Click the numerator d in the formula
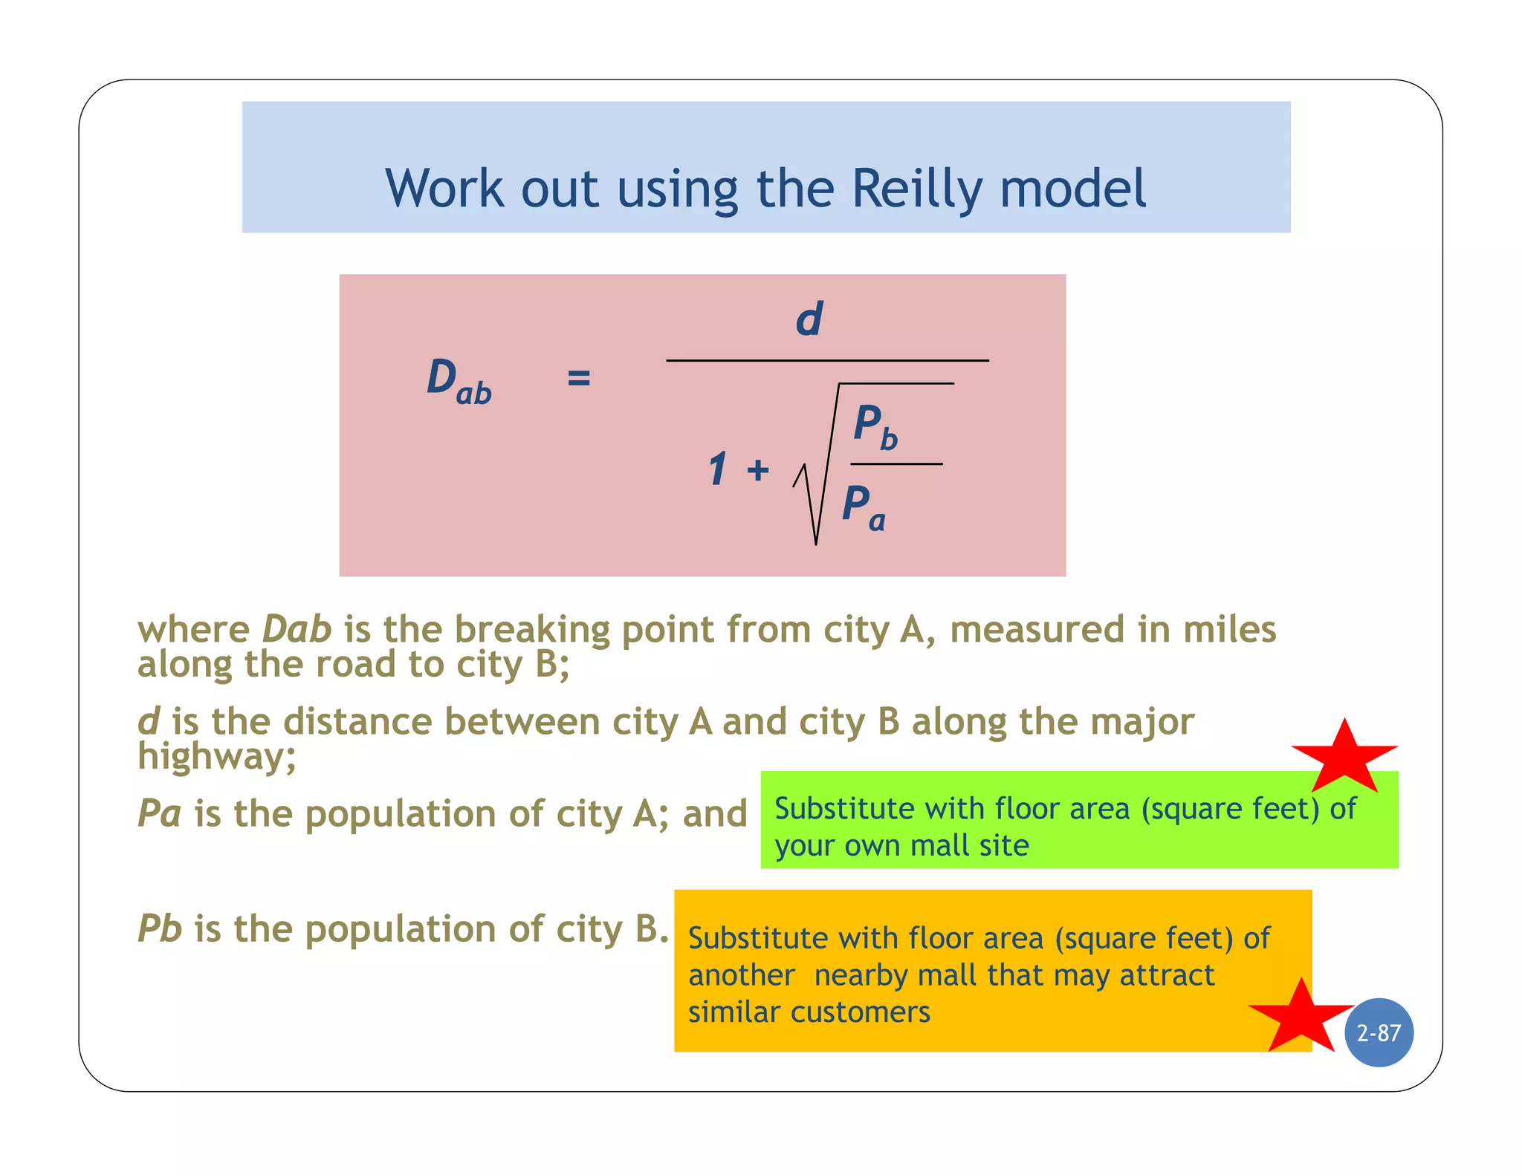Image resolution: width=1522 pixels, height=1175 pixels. pyautogui.click(x=809, y=319)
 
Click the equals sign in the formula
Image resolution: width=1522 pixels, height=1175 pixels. pyautogui.click(x=578, y=378)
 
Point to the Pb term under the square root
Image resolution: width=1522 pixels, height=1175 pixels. pyautogui.click(x=875, y=427)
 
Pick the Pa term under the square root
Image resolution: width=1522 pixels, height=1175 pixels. pyautogui.click(x=864, y=507)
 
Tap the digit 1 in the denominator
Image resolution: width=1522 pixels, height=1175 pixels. pyautogui.click(x=717, y=469)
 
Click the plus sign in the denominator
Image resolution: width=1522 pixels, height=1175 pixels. pyautogui.click(x=758, y=470)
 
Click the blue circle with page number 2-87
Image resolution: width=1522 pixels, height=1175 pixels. pyautogui.click(x=1379, y=1032)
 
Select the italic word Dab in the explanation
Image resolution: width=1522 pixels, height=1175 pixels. pyautogui.click(x=297, y=629)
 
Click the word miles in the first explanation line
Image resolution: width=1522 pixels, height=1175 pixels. pyautogui.click(x=1229, y=629)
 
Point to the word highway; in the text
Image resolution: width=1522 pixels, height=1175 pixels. pyautogui.click(x=217, y=756)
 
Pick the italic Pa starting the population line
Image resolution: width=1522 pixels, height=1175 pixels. pyautogui.click(x=160, y=813)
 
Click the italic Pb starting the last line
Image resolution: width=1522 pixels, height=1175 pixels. pyautogui.click(x=160, y=928)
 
